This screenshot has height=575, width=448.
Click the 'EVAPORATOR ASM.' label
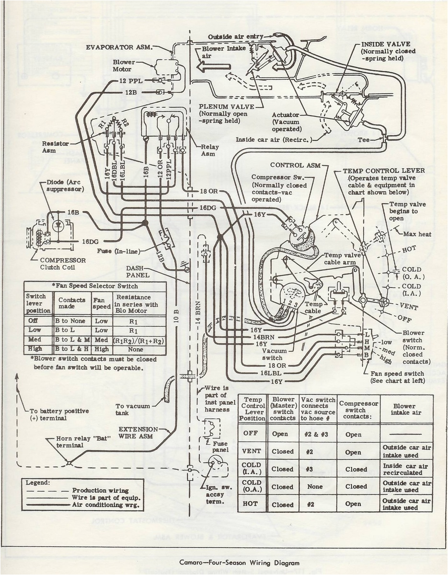click(119, 46)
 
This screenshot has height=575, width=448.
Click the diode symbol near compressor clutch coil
click(59, 224)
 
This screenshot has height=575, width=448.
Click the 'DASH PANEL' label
click(138, 272)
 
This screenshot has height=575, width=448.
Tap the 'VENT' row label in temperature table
click(252, 451)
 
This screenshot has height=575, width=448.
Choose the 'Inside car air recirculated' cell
click(406, 469)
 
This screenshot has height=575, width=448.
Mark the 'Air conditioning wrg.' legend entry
click(100, 504)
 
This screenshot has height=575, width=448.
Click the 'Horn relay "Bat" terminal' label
click(70, 441)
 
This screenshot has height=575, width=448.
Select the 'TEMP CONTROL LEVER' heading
click(383, 171)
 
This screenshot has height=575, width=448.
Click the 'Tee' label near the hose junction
click(364, 140)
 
